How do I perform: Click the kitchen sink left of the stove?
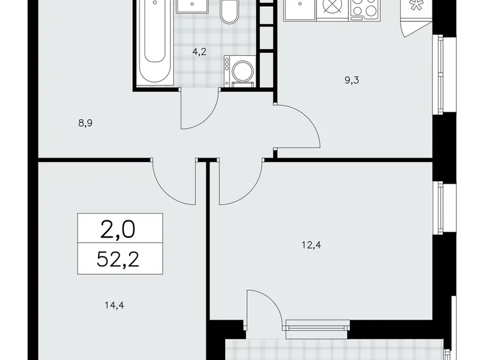pos(302,9)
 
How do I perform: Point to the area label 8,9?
pos(86,123)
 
